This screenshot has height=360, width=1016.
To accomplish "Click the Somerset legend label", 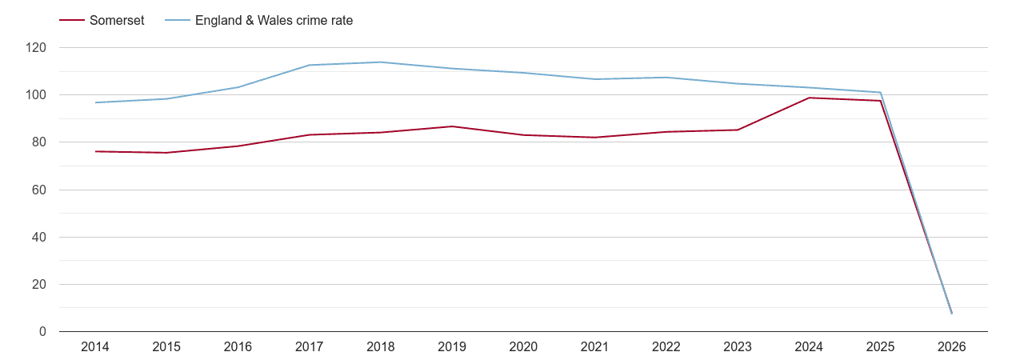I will [x=117, y=21].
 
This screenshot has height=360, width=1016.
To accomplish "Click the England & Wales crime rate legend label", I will [x=274, y=21].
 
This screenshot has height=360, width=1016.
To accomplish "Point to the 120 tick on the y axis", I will [x=36, y=48].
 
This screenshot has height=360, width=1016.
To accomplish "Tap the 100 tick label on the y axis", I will [x=36, y=95].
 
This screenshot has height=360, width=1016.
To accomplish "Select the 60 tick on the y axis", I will [x=39, y=190].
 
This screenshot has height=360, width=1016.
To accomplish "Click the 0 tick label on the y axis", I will [x=42, y=332].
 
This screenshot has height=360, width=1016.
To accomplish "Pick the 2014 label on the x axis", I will [x=95, y=347].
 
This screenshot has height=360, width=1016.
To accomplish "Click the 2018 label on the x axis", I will [x=381, y=347].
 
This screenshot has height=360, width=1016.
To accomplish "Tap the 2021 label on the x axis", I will [x=594, y=347].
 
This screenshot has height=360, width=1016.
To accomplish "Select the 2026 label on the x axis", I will [x=951, y=347].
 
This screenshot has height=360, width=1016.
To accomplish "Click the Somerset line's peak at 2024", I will [x=810, y=98].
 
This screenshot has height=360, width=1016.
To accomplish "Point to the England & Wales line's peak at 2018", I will [x=381, y=62].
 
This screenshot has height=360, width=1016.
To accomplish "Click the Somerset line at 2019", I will [x=452, y=126].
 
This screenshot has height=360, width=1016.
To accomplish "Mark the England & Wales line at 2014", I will [x=95, y=102].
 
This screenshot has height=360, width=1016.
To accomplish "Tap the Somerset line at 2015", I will [x=166, y=153].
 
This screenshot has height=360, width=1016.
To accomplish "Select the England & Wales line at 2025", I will [x=880, y=93].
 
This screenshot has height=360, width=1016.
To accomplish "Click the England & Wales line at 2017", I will [x=310, y=65].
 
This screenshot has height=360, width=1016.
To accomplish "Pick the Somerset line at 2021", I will [x=594, y=138].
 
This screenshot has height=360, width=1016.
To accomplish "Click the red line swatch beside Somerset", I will [x=72, y=21].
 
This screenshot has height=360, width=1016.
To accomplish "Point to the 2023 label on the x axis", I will [x=738, y=347].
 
